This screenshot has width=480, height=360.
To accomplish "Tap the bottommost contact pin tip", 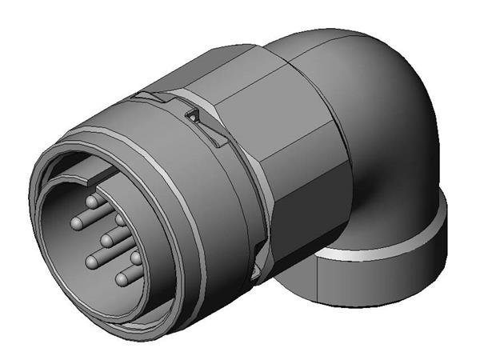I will point(122,278).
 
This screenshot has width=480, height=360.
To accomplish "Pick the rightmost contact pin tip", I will point(136,258).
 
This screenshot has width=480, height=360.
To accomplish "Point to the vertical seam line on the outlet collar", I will point(318,280).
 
